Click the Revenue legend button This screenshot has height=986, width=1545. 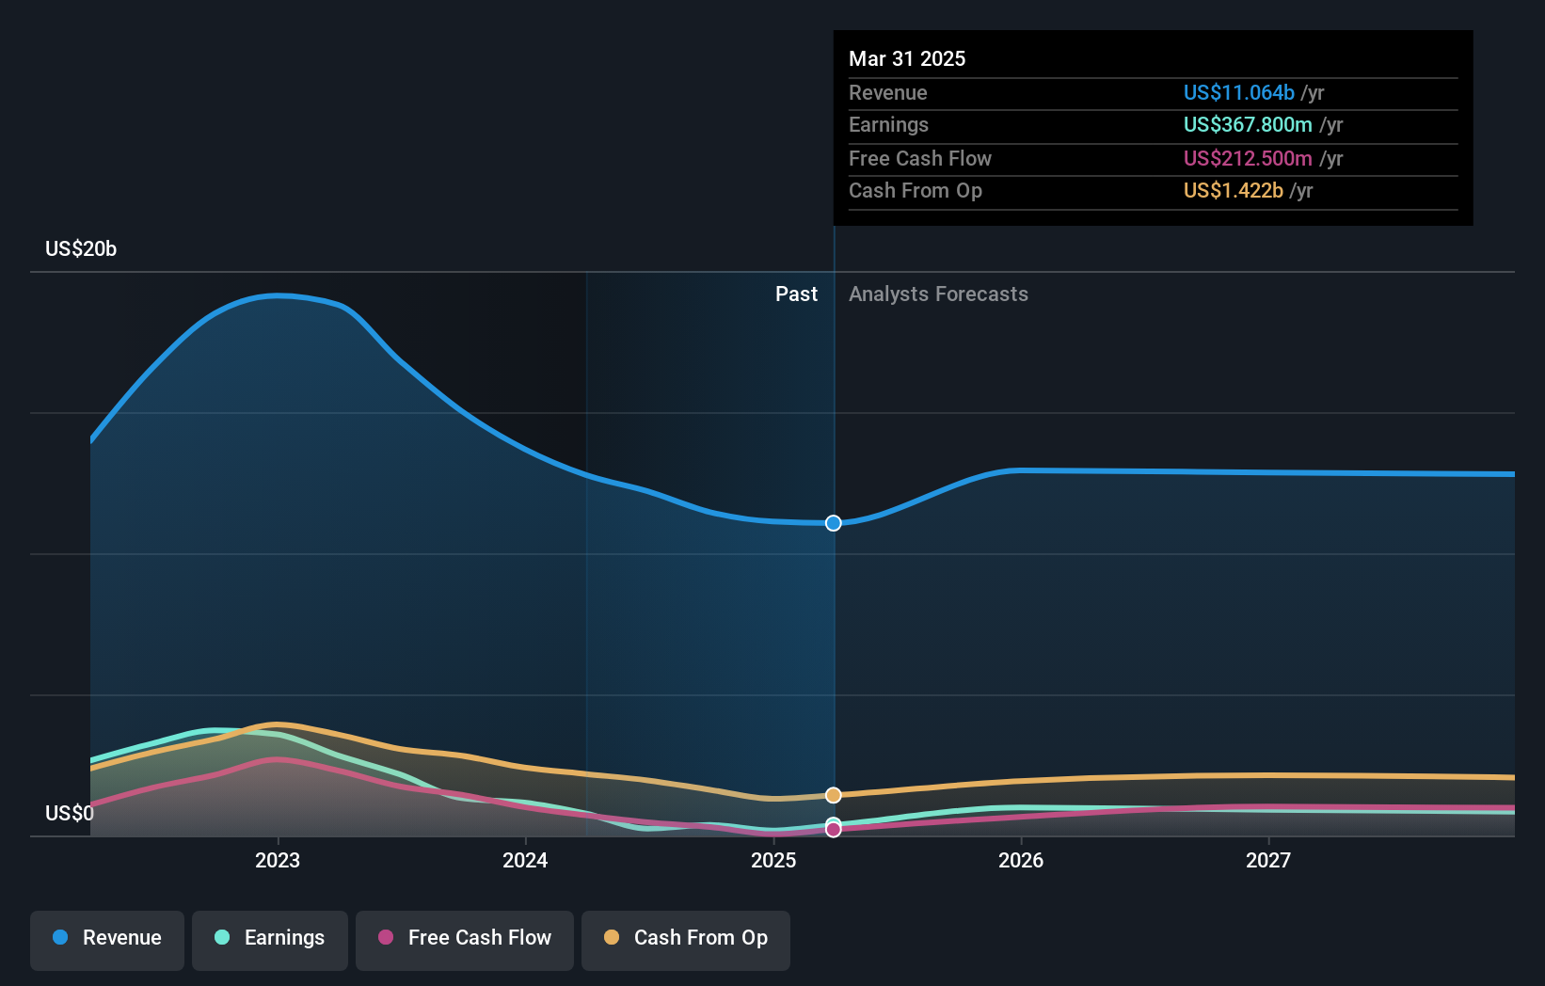[x=107, y=938]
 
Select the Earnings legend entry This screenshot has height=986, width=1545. [x=270, y=938]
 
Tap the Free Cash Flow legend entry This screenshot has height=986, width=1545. [x=465, y=938]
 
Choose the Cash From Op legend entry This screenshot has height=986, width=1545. [x=686, y=938]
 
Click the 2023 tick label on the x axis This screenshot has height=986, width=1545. [x=278, y=860]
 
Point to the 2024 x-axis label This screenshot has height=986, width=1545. [x=525, y=860]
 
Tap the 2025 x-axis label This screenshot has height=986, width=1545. [x=773, y=860]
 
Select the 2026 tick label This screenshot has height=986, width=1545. [x=1021, y=860]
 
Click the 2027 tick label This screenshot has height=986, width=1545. [x=1268, y=860]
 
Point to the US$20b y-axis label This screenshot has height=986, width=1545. [x=81, y=248]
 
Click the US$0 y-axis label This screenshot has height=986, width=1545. [x=70, y=813]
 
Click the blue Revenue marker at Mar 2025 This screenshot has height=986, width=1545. [x=834, y=523]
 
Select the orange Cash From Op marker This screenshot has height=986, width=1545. [x=834, y=795]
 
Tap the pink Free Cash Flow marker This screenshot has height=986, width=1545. [x=834, y=830]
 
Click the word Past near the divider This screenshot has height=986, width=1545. [x=796, y=294]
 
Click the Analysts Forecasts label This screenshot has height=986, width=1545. [x=938, y=294]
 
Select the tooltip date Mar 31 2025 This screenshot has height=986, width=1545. [x=907, y=58]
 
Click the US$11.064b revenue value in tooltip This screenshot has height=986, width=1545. [x=1238, y=92]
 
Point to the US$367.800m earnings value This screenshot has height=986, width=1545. [x=1248, y=125]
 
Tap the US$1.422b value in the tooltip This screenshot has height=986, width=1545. [x=1233, y=191]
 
